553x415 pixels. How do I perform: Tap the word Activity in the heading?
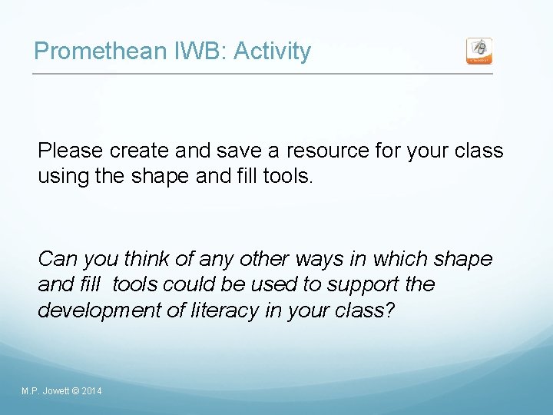click(272, 51)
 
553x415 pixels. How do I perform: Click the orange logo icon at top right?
click(479, 51)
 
